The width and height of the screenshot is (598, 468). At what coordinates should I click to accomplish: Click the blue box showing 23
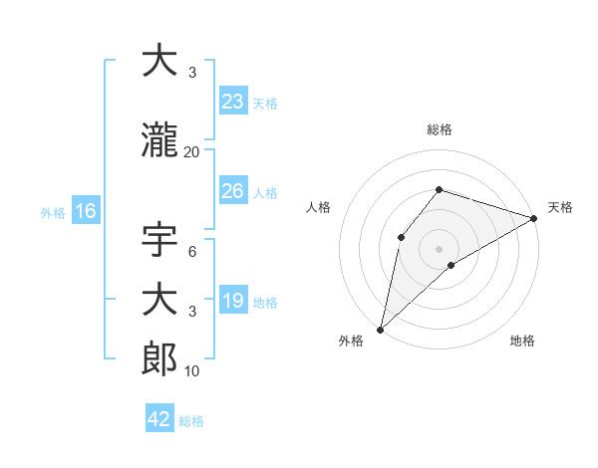[232, 101]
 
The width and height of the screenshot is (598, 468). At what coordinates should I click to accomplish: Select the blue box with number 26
[232, 191]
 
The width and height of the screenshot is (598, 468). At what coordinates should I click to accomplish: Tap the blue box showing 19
[232, 301]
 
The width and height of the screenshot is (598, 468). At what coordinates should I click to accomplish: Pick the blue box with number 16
[85, 211]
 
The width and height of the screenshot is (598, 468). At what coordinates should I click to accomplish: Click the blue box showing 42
[158, 418]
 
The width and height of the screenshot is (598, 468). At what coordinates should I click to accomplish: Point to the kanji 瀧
[159, 143]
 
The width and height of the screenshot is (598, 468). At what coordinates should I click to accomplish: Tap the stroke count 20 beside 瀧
[192, 152]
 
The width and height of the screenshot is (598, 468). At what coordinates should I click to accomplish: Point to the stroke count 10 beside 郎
[192, 370]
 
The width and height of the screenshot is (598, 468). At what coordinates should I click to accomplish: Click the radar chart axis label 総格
[439, 129]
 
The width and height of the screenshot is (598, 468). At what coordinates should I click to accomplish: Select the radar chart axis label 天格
[560, 207]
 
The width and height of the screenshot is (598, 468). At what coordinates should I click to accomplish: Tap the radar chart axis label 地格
[522, 341]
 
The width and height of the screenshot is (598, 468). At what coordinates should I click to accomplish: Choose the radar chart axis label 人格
[318, 207]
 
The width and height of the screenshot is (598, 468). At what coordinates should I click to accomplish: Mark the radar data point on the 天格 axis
[534, 219]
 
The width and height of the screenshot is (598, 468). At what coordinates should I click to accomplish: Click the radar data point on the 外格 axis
[380, 329]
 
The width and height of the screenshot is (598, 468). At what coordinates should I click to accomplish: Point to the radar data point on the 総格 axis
[439, 189]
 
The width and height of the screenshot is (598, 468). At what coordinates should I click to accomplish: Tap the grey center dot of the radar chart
[439, 248]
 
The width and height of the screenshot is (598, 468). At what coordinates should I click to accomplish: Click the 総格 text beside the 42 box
[191, 420]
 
